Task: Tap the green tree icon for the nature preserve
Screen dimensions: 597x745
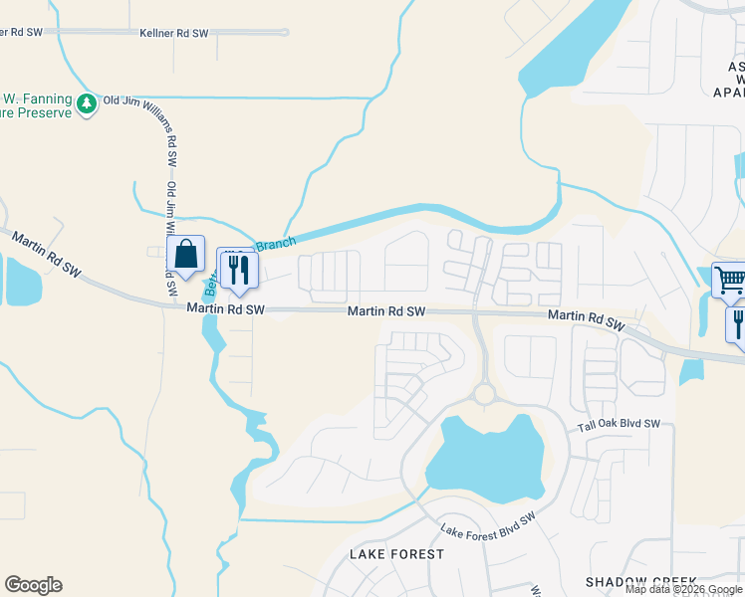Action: pos(88,103)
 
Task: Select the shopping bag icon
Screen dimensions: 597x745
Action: pos(185,255)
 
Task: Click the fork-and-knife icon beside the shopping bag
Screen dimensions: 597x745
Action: pos(238,269)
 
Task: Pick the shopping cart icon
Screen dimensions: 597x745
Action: pos(730,281)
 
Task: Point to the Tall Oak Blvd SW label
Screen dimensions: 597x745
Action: pos(620,425)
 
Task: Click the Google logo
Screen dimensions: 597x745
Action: pos(33,585)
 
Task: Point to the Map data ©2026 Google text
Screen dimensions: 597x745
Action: pos(683,589)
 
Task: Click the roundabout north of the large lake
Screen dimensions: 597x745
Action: pos(485,394)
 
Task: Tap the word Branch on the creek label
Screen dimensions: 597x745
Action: pos(276,242)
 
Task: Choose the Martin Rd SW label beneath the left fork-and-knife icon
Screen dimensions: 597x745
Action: pos(226,310)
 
